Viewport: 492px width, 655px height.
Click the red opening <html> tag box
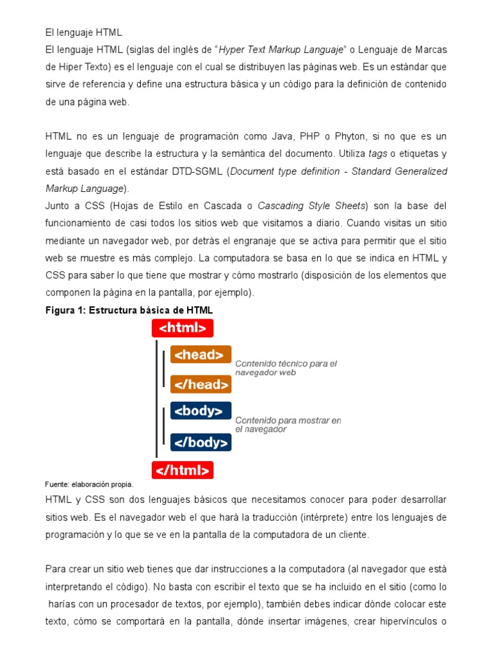183,328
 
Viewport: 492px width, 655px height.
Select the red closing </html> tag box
183,470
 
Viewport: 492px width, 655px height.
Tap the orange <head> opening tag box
201,354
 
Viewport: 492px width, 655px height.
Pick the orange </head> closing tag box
201,384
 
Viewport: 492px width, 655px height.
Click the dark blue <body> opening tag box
201,411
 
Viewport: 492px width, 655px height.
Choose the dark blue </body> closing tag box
201,442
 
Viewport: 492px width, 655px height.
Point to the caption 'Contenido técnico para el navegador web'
286,368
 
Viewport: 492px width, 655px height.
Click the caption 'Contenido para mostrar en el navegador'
288,425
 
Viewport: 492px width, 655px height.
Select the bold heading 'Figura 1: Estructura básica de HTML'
129,310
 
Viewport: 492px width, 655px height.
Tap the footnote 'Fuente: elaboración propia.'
89,484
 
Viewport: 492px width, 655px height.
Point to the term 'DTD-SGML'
198,171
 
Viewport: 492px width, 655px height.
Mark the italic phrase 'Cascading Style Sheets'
313,206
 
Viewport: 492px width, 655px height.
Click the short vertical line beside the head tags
165,369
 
